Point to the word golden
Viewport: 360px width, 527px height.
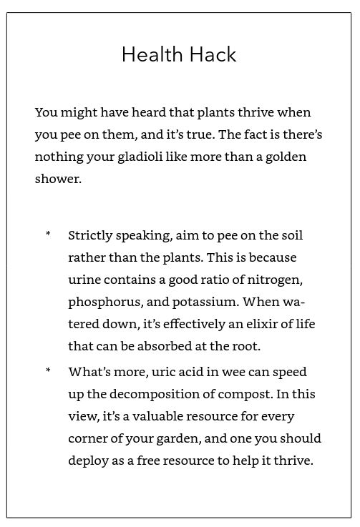(x=286, y=157)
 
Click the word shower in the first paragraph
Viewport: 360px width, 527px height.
(x=58, y=179)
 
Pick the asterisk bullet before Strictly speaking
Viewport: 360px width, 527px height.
(x=49, y=235)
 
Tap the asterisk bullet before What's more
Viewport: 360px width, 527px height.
(x=49, y=371)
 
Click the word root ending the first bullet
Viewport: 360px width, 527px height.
(x=245, y=346)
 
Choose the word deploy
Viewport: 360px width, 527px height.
(x=88, y=460)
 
